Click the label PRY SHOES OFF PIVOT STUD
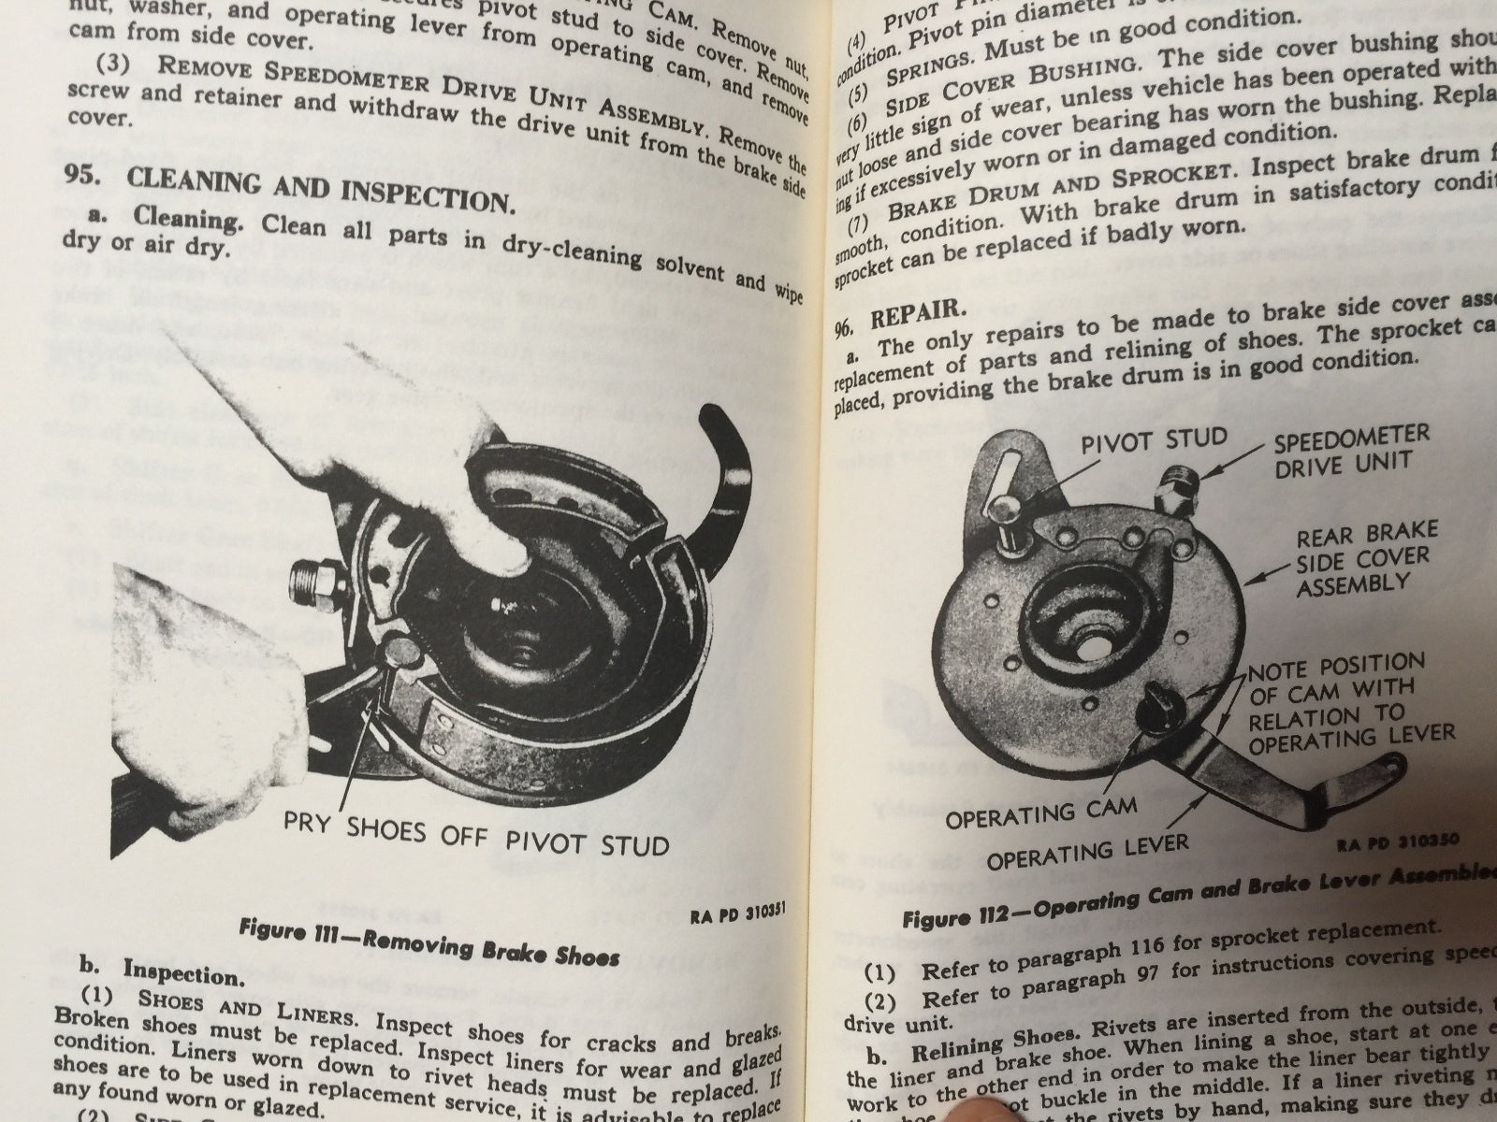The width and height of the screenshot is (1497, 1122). pos(476,837)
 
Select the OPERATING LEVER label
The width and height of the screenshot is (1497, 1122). pos(1076,851)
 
